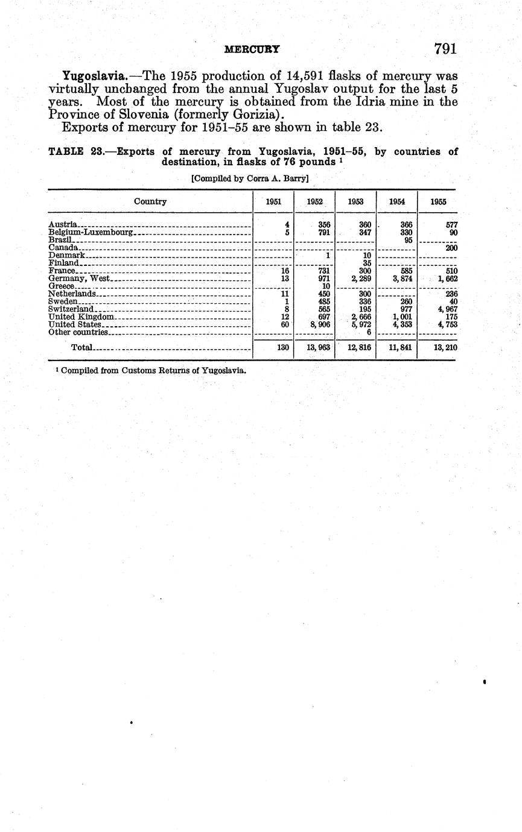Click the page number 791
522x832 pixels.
click(x=445, y=49)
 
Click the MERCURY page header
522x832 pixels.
click(x=252, y=50)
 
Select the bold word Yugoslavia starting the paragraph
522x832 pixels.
click(x=94, y=76)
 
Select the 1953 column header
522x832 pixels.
click(x=355, y=202)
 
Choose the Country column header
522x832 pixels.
click(x=150, y=201)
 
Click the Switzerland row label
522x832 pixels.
click(x=71, y=309)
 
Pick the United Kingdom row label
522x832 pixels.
click(x=81, y=317)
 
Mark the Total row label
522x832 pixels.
click(x=81, y=348)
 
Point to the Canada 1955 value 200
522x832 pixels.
click(x=451, y=248)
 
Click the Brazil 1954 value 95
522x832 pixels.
click(x=408, y=240)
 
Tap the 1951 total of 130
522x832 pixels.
click(x=281, y=348)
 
